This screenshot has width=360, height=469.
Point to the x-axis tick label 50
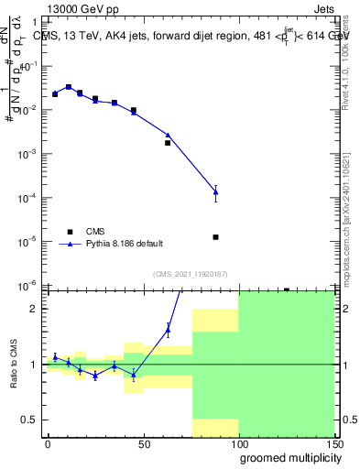[x=144, y=443]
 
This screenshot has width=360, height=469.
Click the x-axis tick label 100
[x=238, y=443]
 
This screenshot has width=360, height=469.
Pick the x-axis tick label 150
[x=334, y=443]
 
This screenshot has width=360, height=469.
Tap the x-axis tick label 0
[x=48, y=443]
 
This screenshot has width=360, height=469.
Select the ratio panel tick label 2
[x=35, y=309]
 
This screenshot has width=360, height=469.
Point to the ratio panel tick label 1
[x=35, y=365]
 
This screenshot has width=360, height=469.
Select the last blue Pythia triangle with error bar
[x=215, y=191]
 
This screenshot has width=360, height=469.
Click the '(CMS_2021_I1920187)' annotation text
[x=190, y=274]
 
